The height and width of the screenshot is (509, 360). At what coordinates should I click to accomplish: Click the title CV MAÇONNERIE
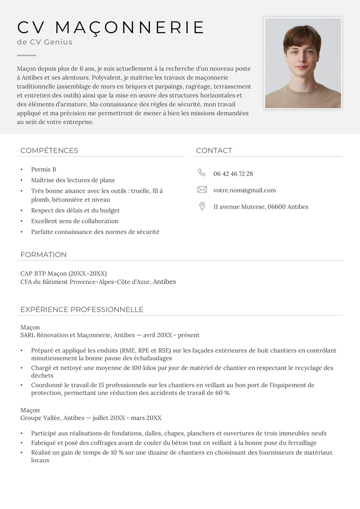(111, 27)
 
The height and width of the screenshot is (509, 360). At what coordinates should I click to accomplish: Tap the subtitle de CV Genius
(45, 42)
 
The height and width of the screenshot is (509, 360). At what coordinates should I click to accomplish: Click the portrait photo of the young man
(303, 63)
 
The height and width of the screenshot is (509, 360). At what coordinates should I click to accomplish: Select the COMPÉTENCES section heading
(49, 151)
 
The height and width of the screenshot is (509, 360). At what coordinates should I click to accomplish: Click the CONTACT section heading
(214, 151)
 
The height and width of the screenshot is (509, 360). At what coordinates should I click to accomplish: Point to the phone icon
(202, 173)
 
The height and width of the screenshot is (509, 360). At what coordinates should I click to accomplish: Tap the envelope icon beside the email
(202, 190)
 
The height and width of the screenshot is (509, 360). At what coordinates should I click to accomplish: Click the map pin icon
(202, 206)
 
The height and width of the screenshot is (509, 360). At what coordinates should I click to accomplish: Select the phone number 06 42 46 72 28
(233, 174)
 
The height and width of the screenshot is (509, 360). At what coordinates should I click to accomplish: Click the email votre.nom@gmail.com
(244, 190)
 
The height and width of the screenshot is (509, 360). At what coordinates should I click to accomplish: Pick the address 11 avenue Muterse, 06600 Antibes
(261, 207)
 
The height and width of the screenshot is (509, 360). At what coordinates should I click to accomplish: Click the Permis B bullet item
(44, 169)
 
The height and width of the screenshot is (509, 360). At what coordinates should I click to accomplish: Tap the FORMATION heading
(43, 255)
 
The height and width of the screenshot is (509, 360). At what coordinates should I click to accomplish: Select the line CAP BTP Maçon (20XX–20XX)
(63, 273)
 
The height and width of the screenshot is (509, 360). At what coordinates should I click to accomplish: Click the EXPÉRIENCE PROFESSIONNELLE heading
(82, 309)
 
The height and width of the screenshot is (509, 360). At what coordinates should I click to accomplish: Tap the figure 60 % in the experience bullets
(222, 393)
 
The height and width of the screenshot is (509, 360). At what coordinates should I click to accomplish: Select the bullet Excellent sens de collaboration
(74, 221)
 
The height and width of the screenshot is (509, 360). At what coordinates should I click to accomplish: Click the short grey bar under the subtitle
(26, 56)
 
